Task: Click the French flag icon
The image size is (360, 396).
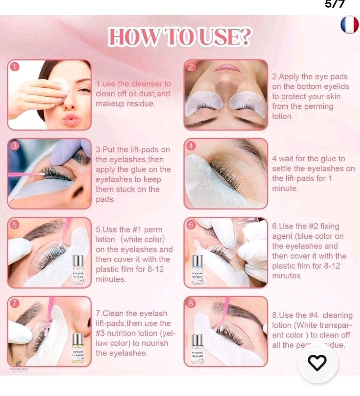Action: click(349, 24)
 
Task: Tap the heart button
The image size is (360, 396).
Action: click(318, 362)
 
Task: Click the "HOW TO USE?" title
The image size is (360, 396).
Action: click(180, 38)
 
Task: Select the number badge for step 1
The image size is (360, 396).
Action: click(15, 66)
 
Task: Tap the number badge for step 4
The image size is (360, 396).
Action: click(191, 146)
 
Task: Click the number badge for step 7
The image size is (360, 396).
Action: click(15, 303)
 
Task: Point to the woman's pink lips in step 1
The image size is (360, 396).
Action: click(71, 119)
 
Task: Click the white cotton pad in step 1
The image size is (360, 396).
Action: click(61, 86)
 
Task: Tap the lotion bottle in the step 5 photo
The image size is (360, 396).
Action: click(78, 269)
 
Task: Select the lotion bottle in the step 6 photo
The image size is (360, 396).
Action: click(197, 269)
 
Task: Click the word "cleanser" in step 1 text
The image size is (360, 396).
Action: click(146, 84)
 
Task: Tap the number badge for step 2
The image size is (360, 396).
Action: click(191, 66)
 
